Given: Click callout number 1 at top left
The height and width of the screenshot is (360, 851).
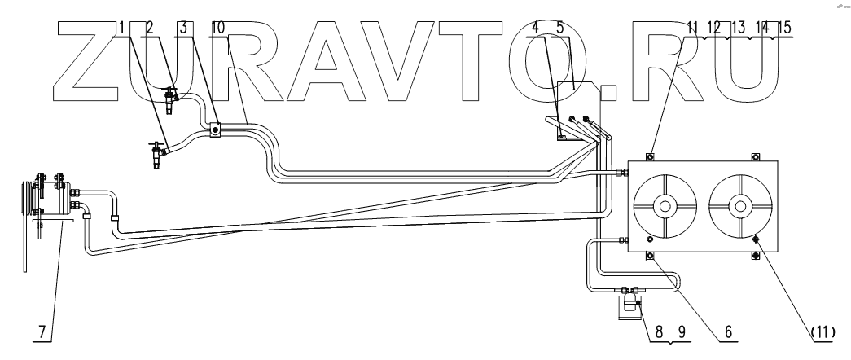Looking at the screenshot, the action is click(120, 27).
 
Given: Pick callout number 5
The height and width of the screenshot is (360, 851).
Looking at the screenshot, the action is click(559, 27).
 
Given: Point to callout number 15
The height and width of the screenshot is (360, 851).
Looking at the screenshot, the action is click(785, 27).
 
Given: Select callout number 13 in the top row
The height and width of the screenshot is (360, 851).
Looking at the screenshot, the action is click(739, 27).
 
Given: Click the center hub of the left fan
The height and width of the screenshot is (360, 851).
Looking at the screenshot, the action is click(665, 206).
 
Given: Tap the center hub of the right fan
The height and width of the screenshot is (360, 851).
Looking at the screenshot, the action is click(739, 206).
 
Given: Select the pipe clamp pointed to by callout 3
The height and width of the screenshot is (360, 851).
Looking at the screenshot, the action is click(213, 130).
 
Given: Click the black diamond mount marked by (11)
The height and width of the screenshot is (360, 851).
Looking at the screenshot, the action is click(756, 239).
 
